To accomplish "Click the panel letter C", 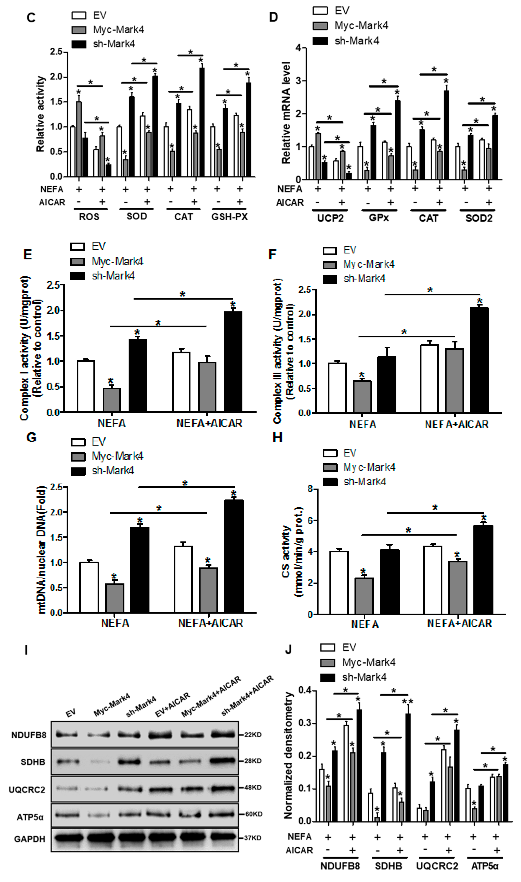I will [31, 17].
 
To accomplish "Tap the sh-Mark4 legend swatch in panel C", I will [79, 44].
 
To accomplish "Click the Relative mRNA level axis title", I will [286, 112].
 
